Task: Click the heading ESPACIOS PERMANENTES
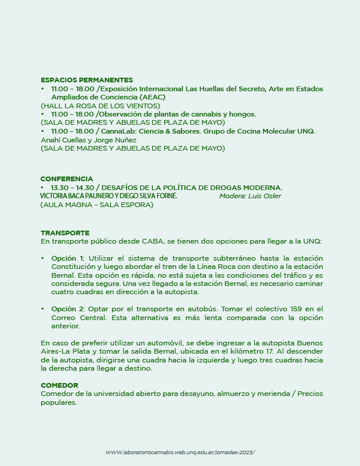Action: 86,80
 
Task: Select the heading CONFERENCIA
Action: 66,179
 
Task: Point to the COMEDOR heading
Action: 59,385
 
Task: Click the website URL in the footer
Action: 181,452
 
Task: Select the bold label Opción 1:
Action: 68,258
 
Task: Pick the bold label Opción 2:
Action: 68,309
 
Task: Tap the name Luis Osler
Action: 266,196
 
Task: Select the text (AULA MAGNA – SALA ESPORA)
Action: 97,205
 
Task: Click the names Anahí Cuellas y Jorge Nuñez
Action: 88,140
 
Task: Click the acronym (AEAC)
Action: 152,97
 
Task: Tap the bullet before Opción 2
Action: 42,309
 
